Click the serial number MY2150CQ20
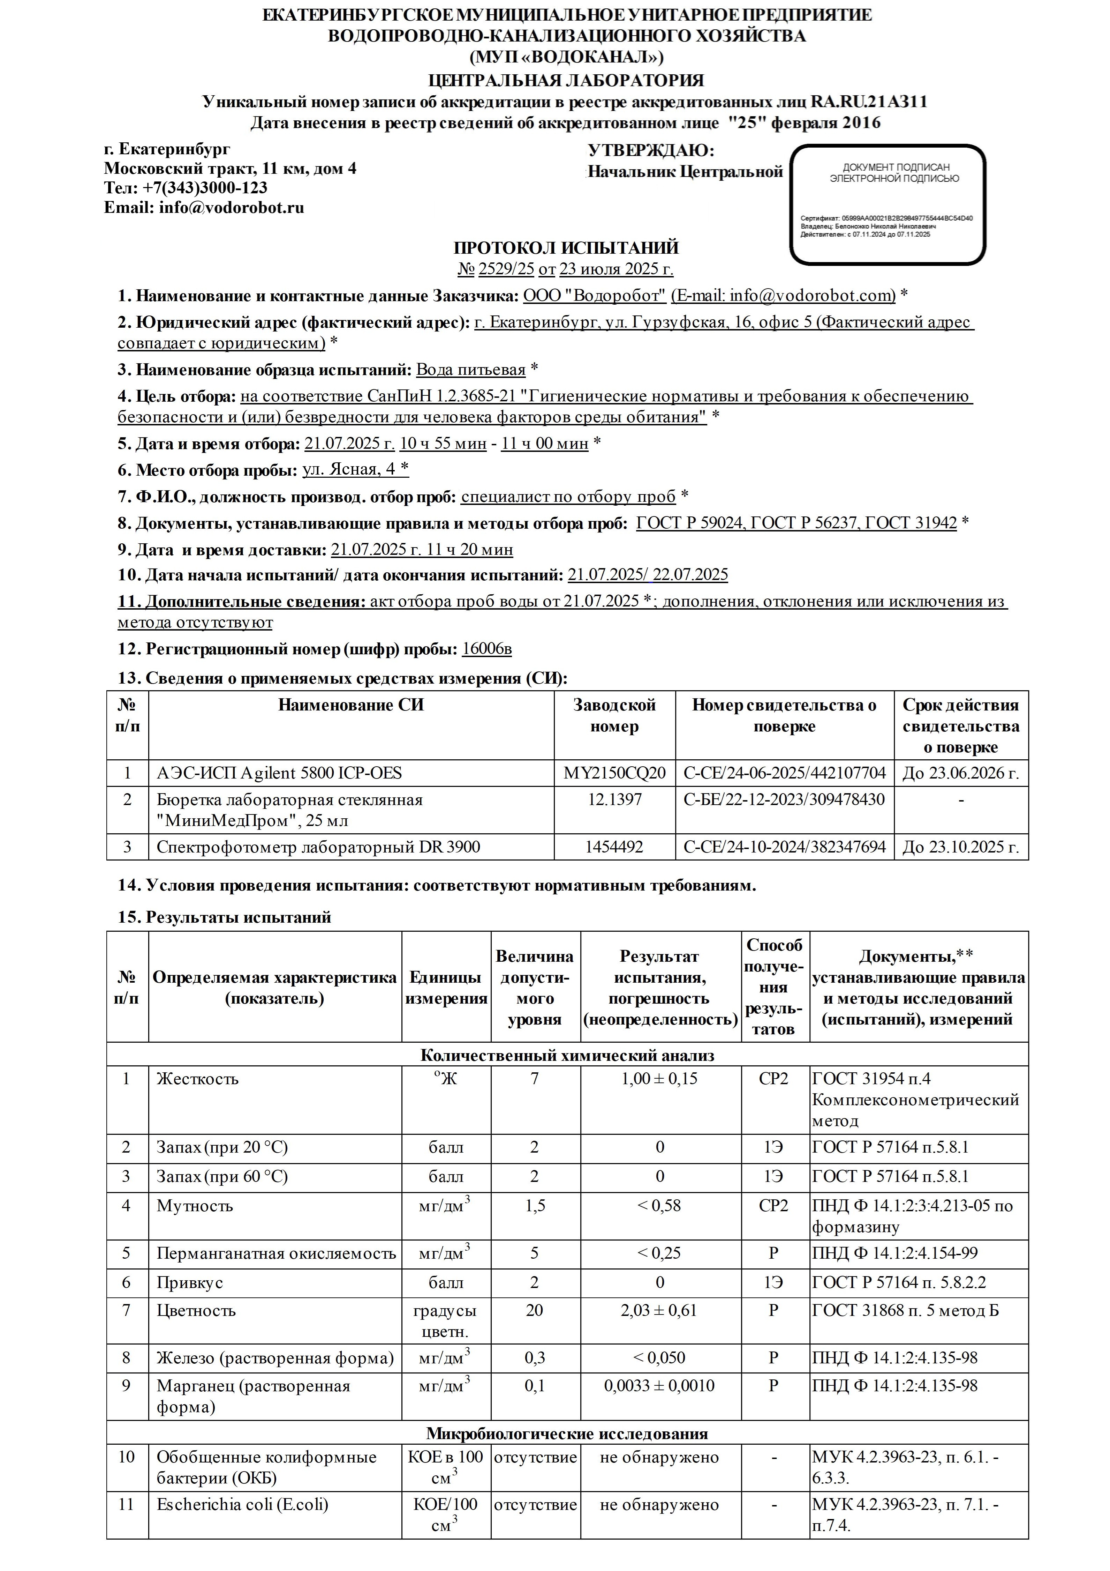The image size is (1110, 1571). click(x=614, y=773)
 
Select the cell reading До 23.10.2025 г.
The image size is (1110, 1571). click(x=960, y=847)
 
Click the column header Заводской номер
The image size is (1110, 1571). click(x=614, y=716)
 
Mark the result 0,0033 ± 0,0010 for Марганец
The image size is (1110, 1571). click(x=660, y=1386)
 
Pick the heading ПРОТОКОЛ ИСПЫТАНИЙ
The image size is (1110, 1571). click(x=566, y=248)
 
